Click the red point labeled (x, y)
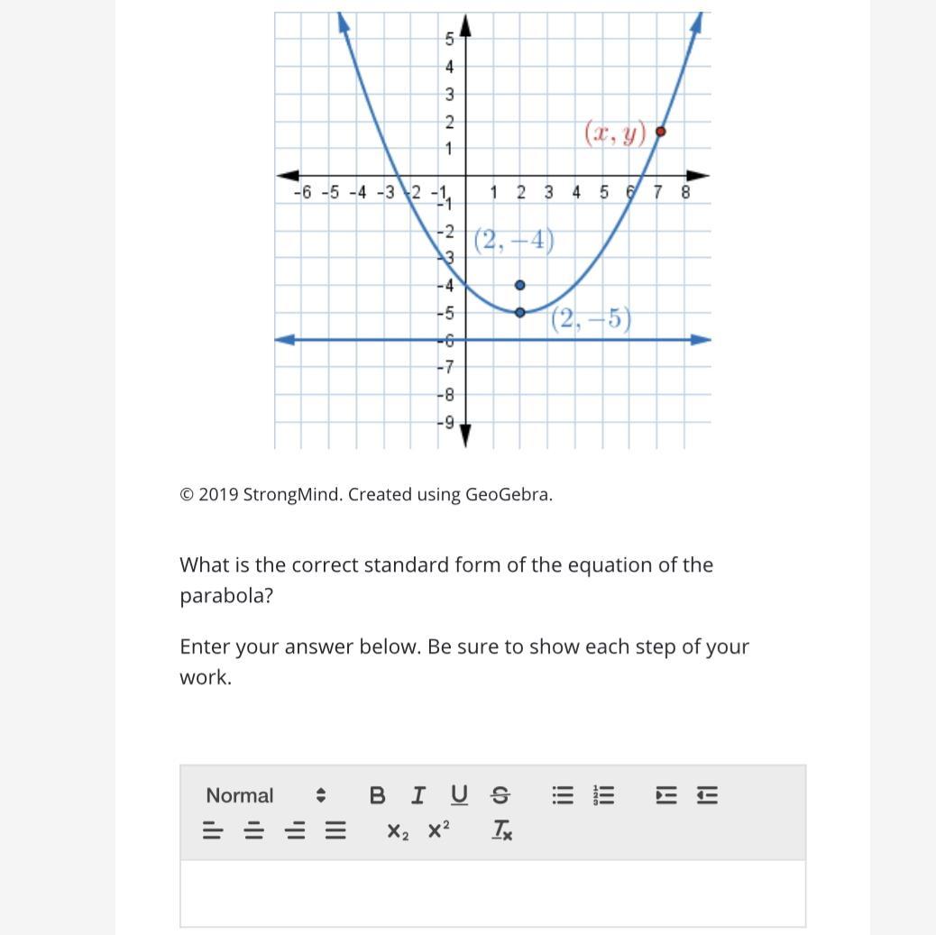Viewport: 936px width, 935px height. tap(660, 132)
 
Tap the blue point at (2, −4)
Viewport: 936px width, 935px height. tap(519, 286)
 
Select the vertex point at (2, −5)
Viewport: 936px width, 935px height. tap(519, 313)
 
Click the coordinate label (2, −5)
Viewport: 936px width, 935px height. tap(592, 319)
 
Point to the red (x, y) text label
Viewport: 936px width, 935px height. tap(616, 133)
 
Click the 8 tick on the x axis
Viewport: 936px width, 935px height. tap(685, 192)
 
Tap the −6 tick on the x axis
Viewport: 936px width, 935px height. tap(302, 192)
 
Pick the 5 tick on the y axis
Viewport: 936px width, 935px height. tap(448, 39)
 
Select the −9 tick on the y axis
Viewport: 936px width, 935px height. tap(446, 422)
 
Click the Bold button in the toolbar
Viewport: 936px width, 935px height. tap(378, 795)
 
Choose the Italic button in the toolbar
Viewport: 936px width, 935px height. tap(418, 795)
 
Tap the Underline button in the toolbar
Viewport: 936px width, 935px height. tap(459, 795)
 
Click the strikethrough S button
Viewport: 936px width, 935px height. tap(500, 795)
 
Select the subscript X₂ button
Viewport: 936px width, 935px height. tap(398, 830)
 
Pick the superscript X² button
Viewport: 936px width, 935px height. tap(438, 830)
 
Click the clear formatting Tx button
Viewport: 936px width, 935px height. tap(502, 830)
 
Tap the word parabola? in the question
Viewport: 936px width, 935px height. tap(225, 596)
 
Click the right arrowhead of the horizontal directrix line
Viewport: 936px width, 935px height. tap(702, 340)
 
